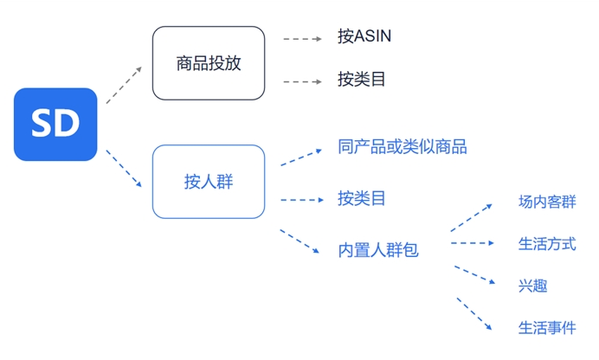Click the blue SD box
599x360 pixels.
55,125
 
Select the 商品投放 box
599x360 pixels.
209,63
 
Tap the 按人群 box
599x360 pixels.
209,182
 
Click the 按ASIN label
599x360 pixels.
364,36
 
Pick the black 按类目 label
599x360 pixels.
361,80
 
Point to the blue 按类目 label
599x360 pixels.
361,198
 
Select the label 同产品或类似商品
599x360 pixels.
403,147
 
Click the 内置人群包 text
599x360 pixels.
378,250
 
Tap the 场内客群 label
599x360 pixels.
547,202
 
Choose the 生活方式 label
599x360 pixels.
547,244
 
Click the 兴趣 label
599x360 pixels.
533,286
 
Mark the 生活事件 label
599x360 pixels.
547,328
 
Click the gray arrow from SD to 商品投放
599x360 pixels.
124,85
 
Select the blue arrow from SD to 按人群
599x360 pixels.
124,169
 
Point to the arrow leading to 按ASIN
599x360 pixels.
303,39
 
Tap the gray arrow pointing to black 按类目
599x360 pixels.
303,81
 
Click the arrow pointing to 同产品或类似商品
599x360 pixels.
301,157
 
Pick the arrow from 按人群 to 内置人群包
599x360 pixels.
299,241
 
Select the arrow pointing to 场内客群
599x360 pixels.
472,217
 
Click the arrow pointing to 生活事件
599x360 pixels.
474,314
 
